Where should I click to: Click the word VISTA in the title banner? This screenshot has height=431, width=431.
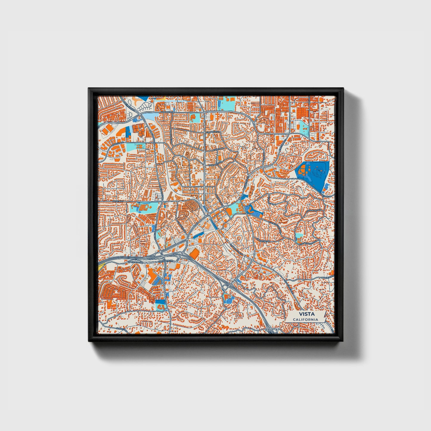tap(305, 314)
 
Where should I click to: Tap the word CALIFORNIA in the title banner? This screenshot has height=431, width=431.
tap(305, 319)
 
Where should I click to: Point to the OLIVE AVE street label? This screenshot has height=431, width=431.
tap(118, 201)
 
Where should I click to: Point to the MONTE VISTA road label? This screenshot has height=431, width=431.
tap(327, 278)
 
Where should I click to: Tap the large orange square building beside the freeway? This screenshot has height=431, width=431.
tap(194, 254)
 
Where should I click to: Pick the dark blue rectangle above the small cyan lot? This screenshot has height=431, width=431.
tap(129, 132)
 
